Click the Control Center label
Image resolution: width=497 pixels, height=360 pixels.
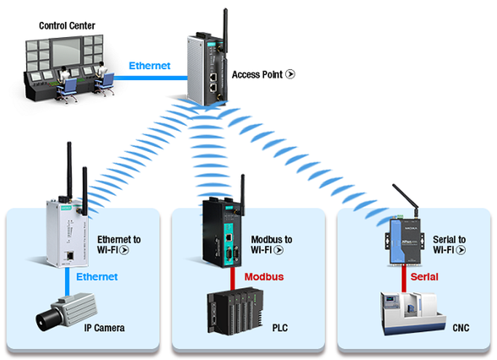coord(67,25)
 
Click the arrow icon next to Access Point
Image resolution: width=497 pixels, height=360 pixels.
coord(290,74)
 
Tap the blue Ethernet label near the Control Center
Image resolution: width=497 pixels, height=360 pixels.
coord(150,65)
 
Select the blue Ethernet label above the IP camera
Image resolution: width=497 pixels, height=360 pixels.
coord(97,276)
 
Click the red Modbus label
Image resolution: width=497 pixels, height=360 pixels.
coord(264,276)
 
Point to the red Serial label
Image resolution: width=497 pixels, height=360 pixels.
coord(424,276)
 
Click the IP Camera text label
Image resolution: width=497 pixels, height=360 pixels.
coord(104,328)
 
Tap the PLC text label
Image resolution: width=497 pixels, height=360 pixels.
coord(280,328)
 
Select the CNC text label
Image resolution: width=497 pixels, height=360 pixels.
coord(461,328)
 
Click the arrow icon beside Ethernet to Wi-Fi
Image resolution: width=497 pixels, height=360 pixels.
coord(124,250)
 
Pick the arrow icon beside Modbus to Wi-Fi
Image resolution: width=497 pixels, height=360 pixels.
coord(279,250)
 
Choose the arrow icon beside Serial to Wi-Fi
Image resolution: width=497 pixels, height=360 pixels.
coord(461,250)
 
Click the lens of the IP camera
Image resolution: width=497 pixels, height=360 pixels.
coord(42,321)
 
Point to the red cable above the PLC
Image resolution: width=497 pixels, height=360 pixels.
coord(233,279)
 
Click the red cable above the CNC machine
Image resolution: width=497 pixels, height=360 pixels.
coord(404,279)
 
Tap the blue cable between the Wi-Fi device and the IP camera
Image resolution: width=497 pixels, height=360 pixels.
coord(67,282)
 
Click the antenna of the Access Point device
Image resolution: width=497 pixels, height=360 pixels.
coord(226,31)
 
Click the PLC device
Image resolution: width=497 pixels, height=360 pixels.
coord(235,311)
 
